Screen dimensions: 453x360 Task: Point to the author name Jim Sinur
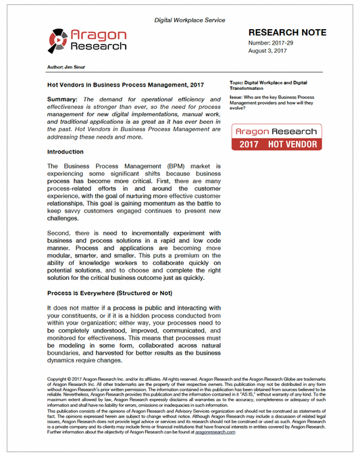click(64, 68)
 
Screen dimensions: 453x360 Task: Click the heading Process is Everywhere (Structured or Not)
click(109, 293)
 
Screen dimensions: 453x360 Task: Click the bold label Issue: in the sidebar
click(238, 97)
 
